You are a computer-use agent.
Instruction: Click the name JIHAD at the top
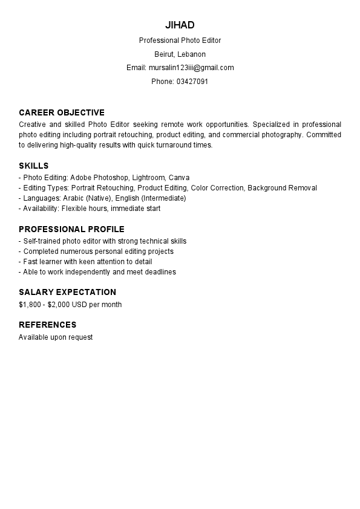tap(180, 25)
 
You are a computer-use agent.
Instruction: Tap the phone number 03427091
tap(192, 81)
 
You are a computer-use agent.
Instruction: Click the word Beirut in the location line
tap(164, 54)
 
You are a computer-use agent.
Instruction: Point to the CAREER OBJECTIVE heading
tap(62, 112)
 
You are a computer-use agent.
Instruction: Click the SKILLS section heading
tap(34, 166)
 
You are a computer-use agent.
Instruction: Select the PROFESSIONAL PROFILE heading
tap(71, 229)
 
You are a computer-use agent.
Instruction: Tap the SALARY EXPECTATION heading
tap(67, 292)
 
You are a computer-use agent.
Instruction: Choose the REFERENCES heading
tap(48, 325)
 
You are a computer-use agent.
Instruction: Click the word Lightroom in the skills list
tap(148, 178)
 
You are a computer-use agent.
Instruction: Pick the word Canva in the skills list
tap(179, 178)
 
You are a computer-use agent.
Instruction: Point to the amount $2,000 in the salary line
tap(60, 305)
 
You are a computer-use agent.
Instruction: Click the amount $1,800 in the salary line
tap(30, 305)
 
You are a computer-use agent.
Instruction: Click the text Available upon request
tap(56, 337)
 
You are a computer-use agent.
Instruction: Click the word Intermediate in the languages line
tap(163, 198)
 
